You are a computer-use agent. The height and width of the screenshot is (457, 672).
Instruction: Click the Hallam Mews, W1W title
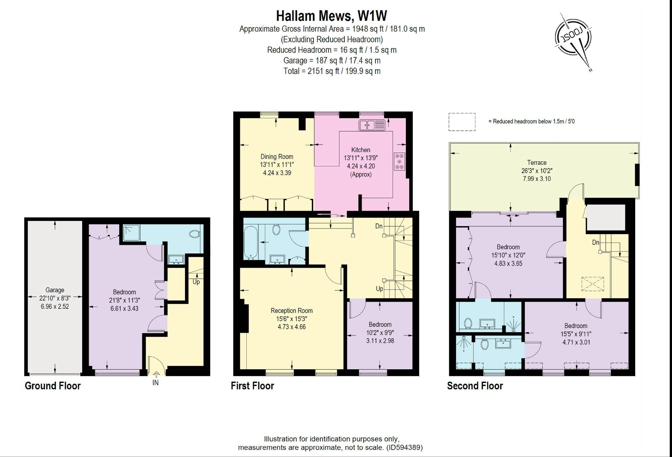click(331, 16)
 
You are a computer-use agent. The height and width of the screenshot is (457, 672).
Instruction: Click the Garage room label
click(55, 290)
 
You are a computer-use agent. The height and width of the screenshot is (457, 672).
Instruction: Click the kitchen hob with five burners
click(399, 161)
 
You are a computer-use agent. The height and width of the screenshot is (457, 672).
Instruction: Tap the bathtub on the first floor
click(250, 243)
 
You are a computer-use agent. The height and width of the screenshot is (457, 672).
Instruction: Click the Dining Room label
click(277, 156)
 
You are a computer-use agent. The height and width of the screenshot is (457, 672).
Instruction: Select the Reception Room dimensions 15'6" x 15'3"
click(292, 319)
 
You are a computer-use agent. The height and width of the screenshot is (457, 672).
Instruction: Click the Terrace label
click(537, 162)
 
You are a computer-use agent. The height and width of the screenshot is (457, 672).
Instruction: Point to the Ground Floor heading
click(52, 386)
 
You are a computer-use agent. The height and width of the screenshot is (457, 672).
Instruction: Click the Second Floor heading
click(475, 386)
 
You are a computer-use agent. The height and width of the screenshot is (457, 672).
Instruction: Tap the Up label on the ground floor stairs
click(196, 282)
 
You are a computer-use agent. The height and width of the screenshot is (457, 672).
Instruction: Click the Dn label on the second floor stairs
click(595, 242)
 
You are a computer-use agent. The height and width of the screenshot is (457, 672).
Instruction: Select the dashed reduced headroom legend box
click(462, 122)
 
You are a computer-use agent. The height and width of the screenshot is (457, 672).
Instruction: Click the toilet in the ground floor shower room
click(194, 234)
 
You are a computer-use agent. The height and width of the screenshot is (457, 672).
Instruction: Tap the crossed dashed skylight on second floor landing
click(593, 284)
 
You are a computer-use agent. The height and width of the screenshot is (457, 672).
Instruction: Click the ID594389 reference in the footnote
click(405, 447)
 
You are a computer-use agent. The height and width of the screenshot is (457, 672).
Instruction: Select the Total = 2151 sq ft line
click(331, 71)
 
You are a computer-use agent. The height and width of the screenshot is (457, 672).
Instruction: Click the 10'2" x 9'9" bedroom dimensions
click(380, 332)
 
